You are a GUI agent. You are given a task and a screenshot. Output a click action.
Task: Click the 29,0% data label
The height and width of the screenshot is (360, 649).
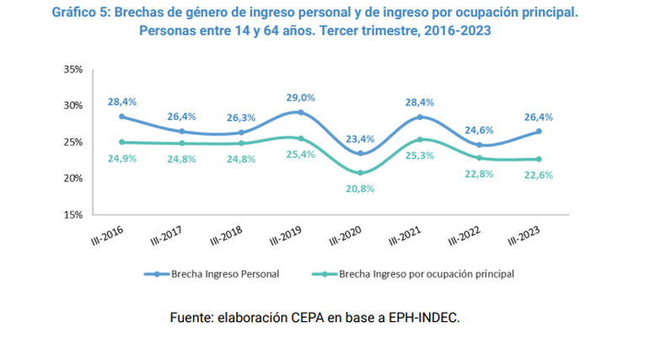[300, 98]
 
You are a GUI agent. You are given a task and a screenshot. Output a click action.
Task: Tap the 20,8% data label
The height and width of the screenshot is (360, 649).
[360, 189]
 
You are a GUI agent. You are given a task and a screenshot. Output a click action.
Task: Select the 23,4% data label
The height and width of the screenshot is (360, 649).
[360, 139]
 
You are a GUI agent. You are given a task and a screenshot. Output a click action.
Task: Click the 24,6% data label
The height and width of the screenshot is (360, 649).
[480, 131]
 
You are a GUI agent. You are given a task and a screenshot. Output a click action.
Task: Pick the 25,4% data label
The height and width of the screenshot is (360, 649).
[300, 154]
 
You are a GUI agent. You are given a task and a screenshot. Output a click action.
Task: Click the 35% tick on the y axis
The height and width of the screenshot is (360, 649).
[73, 70]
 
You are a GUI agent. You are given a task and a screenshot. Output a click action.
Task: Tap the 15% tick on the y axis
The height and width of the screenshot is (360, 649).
[73, 214]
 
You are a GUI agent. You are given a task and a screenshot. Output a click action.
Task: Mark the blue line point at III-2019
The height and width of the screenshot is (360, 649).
[300, 112]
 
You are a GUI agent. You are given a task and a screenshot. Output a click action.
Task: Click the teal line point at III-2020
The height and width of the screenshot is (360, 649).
[360, 172]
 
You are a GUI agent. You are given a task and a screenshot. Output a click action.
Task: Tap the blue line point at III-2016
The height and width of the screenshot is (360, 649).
[121, 116]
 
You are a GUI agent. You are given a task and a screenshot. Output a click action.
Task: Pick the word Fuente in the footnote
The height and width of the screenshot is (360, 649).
[192, 318]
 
